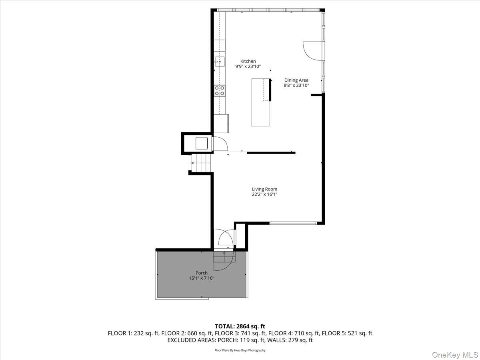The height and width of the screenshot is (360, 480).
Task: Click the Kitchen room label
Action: coord(248,61)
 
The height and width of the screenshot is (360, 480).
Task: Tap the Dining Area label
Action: coord(296,80)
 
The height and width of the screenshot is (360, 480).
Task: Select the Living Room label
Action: coord(264,189)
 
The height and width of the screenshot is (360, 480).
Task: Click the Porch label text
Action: coord(202,273)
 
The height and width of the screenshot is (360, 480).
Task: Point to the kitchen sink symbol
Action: coord(220,62)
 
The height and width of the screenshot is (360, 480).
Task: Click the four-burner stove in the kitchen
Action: coord(219,90)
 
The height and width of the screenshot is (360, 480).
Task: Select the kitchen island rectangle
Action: coord(260,102)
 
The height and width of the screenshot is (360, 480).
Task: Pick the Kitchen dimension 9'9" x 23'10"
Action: coord(248,67)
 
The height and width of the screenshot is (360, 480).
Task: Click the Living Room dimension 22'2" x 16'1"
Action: coord(264,195)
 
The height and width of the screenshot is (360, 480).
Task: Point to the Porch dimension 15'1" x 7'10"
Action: coord(202,278)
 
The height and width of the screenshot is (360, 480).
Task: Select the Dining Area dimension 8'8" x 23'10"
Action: coord(296,85)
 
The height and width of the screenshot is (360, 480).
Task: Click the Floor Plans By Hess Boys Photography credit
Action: coord(240,350)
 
